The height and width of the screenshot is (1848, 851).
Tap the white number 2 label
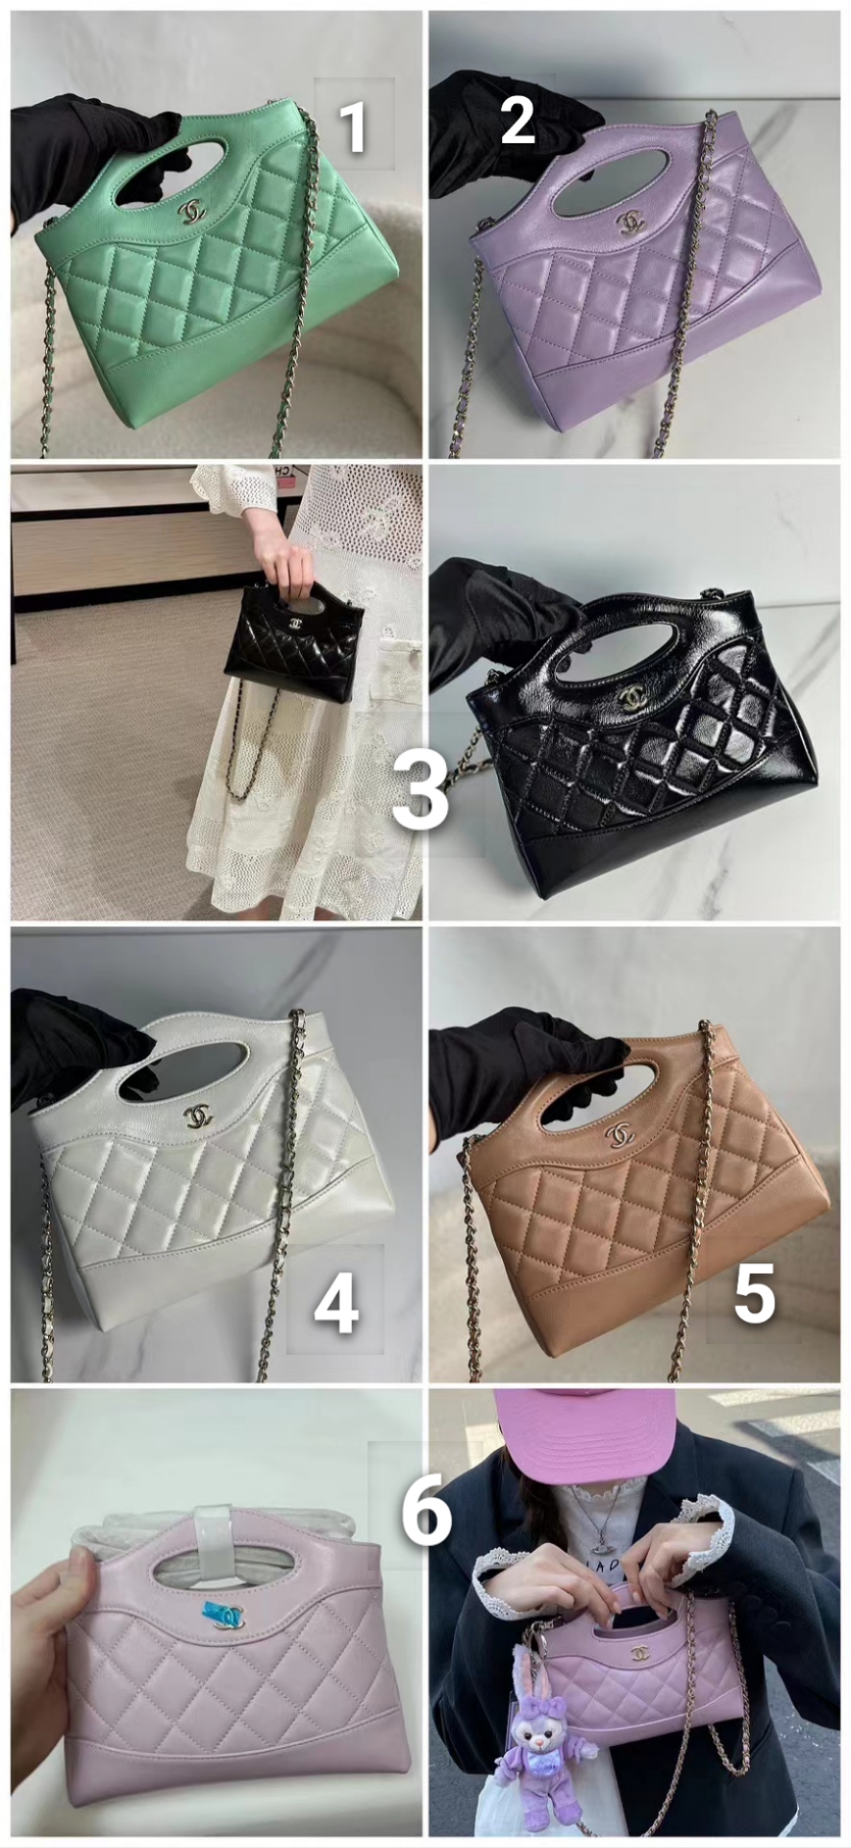pos(517,121)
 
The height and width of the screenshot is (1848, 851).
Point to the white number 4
pos(337,1308)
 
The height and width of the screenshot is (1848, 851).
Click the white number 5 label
pos(754,1293)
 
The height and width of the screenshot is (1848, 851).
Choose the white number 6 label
pos(426,1511)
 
